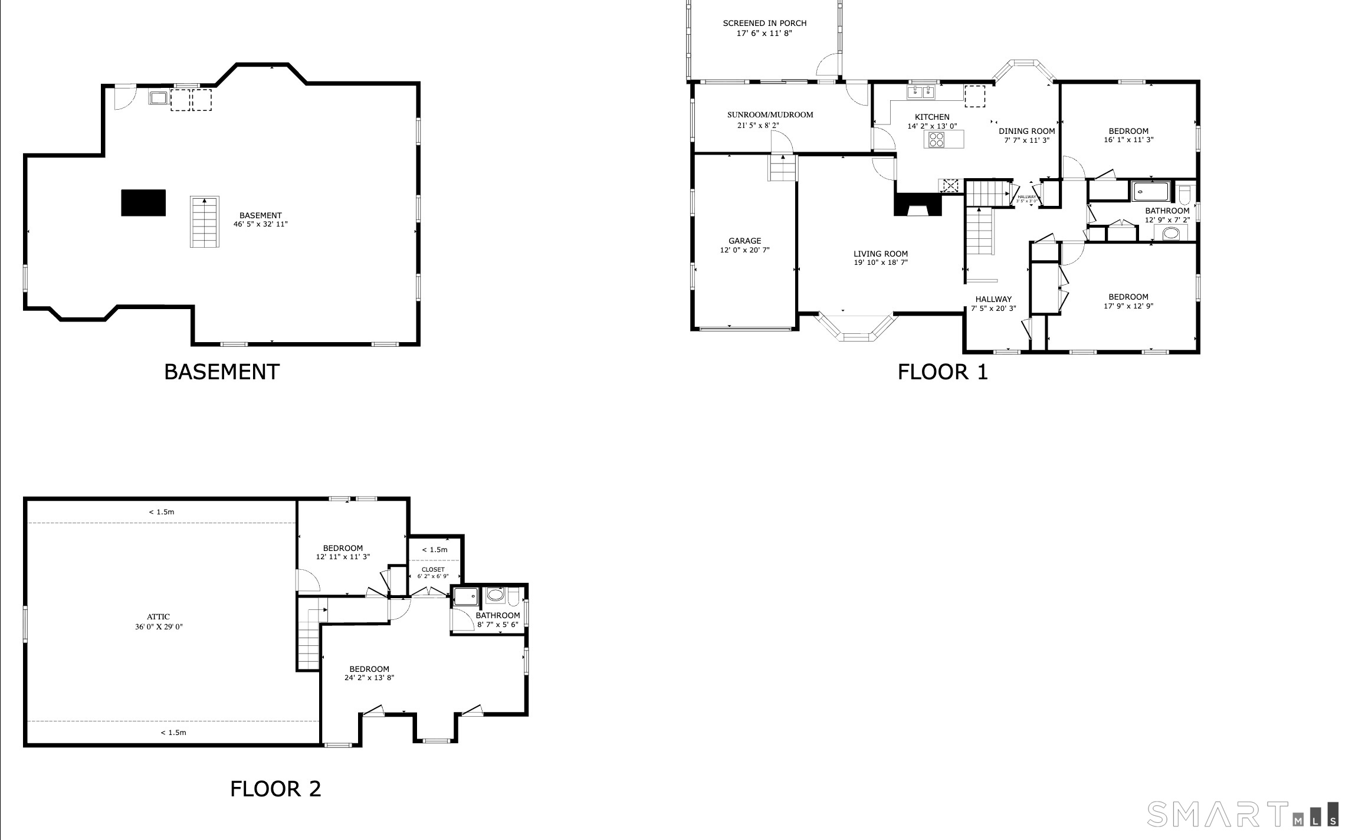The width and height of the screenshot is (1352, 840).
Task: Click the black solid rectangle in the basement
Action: pos(143,203)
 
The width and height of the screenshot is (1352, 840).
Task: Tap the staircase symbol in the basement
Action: pos(204,222)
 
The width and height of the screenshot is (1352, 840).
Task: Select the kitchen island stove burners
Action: pos(936,139)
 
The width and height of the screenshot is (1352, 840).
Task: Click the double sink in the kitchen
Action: pos(921,92)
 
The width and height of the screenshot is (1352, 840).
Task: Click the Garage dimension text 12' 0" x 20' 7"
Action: pos(744,250)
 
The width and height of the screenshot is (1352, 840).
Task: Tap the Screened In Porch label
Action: pos(764,23)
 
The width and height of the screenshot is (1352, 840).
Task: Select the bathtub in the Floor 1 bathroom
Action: pos(1150,192)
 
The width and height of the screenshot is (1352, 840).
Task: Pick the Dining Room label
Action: pos(1026,131)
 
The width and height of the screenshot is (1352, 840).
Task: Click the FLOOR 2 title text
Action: pos(275,789)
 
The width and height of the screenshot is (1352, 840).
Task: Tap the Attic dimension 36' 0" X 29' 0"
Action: pos(159,627)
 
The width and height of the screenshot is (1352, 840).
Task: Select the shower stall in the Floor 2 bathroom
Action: pos(465,596)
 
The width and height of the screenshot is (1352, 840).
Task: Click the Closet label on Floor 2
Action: pos(433,569)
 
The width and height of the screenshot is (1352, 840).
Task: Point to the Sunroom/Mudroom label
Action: pos(770,115)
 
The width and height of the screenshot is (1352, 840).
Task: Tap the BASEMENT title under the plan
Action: pos(221,372)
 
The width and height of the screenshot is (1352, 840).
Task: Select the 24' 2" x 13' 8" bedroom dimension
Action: pos(369,678)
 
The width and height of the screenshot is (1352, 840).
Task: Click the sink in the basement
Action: pos(158,98)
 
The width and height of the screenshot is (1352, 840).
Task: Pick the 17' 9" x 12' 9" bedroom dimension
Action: pos(1128,306)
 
